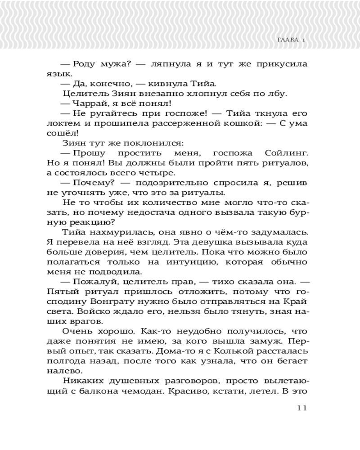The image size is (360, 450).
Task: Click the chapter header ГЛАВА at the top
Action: pos(286,41)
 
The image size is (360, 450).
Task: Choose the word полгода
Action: pos(63,360)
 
